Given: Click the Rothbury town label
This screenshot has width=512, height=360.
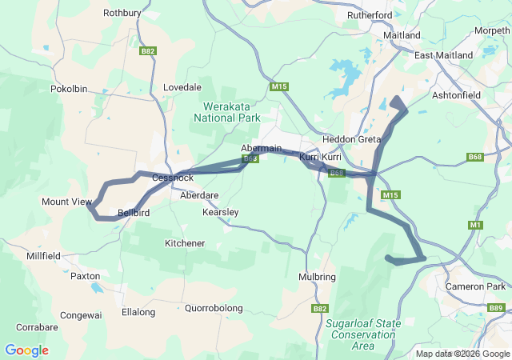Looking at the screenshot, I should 122,13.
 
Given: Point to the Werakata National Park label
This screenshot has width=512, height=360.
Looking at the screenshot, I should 227,111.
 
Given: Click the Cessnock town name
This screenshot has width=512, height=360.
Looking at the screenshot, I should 173,178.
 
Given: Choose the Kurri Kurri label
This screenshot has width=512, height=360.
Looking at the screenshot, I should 320,158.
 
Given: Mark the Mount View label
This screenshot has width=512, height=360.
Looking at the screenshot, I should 66,202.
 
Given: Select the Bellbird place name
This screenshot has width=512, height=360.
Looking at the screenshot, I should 134,213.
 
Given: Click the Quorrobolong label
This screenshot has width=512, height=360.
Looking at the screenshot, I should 214,307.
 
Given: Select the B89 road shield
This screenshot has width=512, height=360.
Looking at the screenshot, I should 495,308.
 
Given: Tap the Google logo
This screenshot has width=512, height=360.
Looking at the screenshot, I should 26,350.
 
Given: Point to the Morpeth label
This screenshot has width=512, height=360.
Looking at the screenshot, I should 491,30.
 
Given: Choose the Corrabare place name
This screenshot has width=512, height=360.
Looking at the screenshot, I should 37,327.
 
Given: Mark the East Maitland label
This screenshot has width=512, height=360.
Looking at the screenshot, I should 443,55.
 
